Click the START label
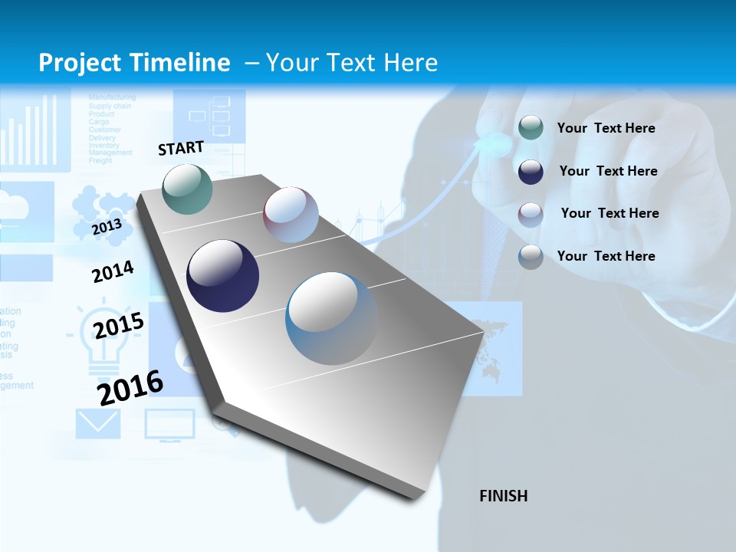[181, 148]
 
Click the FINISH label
[504, 496]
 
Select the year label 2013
[107, 227]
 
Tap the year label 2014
[113, 272]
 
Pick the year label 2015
[118, 325]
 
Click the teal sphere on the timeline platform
[188, 189]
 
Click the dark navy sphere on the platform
[222, 276]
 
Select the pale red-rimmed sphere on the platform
[291, 215]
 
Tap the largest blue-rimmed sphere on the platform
[332, 318]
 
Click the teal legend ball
[531, 128]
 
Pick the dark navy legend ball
[531, 171]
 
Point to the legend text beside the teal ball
[606, 128]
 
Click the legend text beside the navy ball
[608, 171]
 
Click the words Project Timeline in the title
[134, 63]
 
